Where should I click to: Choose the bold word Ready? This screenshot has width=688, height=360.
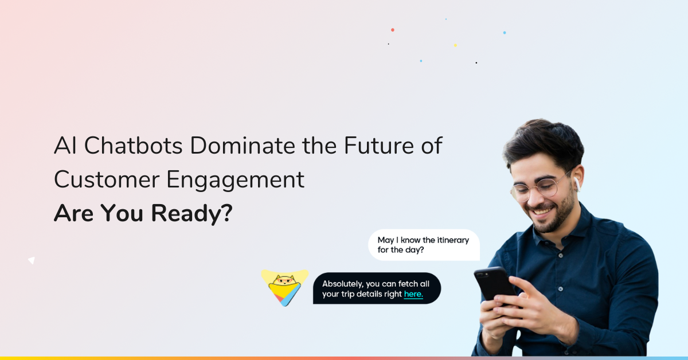[191, 214]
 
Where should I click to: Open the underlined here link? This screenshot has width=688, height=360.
[413, 294]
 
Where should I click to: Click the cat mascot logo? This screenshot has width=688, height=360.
[285, 288]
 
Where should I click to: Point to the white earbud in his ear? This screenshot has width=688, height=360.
[577, 184]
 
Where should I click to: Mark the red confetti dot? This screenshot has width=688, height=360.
[393, 30]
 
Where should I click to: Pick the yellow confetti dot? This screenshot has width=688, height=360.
[455, 45]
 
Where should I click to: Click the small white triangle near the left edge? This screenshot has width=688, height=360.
[32, 260]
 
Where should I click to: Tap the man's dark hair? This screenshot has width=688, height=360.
[543, 143]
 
